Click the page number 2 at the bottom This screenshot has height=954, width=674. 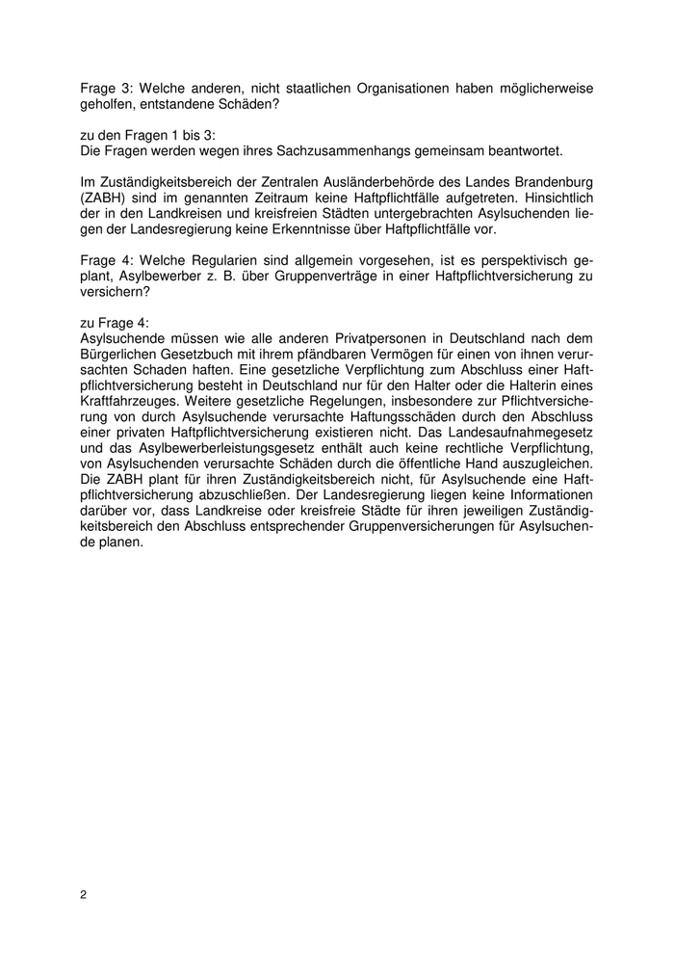tap(84, 894)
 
